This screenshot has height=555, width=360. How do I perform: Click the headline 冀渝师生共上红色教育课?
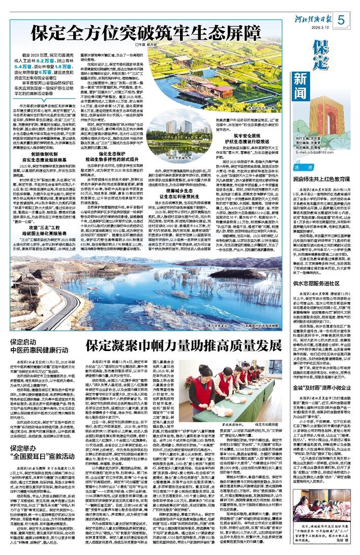click(x=323, y=179)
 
